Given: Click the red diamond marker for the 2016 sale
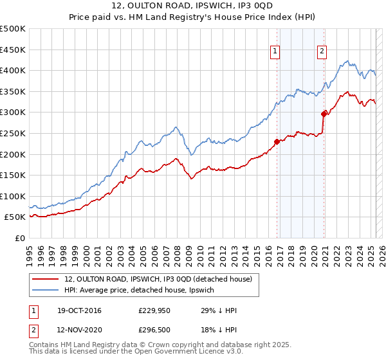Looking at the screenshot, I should (277, 141).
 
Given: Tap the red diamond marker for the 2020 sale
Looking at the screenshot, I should (324, 114).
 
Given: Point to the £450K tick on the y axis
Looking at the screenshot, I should (13, 50).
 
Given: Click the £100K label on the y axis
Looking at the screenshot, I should (13, 196).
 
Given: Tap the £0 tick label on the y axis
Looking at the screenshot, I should (20, 238).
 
